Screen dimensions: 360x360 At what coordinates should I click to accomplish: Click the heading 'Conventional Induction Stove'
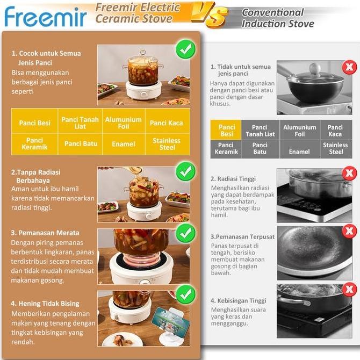click(272, 18)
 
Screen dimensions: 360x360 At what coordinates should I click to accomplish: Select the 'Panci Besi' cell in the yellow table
click(35, 123)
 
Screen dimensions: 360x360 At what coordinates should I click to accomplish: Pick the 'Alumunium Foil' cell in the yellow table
click(124, 123)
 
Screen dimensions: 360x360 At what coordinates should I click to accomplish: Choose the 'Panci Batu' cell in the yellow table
click(81, 144)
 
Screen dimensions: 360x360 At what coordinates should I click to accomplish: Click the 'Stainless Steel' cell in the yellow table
click(167, 144)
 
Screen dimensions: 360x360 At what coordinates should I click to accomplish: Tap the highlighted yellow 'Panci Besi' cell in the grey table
click(227, 131)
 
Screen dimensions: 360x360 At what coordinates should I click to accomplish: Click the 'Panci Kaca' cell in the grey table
click(335, 131)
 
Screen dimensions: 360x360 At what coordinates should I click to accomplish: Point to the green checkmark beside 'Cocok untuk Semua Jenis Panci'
click(185, 51)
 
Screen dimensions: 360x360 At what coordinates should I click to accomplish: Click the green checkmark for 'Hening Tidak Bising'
click(185, 295)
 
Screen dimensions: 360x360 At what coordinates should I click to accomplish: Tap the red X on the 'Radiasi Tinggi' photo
click(350, 174)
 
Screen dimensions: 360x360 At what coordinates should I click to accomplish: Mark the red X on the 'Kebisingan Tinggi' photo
click(350, 290)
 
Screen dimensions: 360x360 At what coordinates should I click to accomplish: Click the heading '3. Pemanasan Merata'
click(45, 233)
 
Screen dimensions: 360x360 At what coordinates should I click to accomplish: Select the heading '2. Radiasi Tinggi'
click(233, 179)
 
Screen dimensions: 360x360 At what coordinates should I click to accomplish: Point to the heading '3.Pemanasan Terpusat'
click(242, 236)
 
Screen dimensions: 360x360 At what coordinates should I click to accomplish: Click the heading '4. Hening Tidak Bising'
click(45, 304)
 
